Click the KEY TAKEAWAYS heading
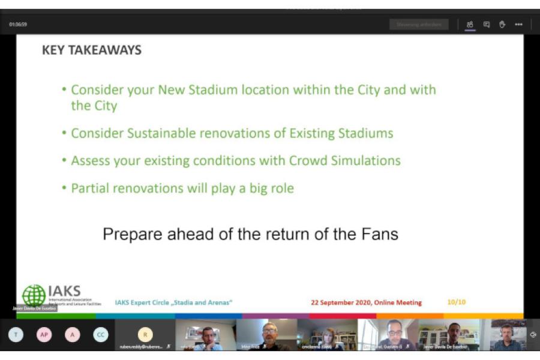click(92, 50)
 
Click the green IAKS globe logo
click(34, 295)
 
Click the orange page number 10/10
click(456, 302)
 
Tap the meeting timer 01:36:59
click(18, 25)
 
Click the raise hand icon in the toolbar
click(502, 25)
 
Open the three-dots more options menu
click(518, 25)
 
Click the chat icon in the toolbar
click(487, 25)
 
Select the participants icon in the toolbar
click(470, 25)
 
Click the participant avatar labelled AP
click(44, 334)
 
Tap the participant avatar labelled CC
click(101, 334)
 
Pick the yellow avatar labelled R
click(145, 334)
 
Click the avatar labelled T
click(16, 334)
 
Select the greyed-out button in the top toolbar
click(419, 25)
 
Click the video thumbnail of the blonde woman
click(327, 334)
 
